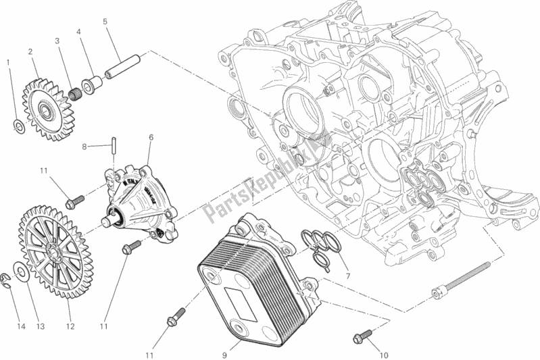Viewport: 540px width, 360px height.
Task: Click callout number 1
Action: [8, 63]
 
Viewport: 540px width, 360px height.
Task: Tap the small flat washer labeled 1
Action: [20, 125]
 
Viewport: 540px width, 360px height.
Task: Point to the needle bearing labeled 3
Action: [70, 95]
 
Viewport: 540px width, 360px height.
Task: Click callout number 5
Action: [105, 21]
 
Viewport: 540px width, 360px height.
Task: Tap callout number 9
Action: [224, 351]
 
